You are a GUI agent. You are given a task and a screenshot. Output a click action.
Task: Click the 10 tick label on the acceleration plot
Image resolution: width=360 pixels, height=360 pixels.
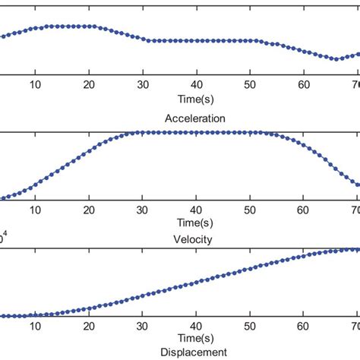tap(35, 85)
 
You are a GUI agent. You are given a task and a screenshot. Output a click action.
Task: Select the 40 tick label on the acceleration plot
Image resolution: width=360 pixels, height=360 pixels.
tap(197, 85)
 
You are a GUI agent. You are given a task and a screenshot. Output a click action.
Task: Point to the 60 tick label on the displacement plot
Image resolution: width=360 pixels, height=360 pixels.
tap(305, 325)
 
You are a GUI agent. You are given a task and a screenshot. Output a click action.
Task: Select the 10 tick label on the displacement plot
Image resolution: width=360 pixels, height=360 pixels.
tap(35, 325)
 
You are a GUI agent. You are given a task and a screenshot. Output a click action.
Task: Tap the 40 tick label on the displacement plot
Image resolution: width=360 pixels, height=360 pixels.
tap(197, 325)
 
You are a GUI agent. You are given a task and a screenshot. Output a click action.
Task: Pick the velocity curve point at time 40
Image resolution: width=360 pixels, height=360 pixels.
tap(197, 132)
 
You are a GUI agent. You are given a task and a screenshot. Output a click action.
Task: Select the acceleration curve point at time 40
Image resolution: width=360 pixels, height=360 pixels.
tap(197, 40)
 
